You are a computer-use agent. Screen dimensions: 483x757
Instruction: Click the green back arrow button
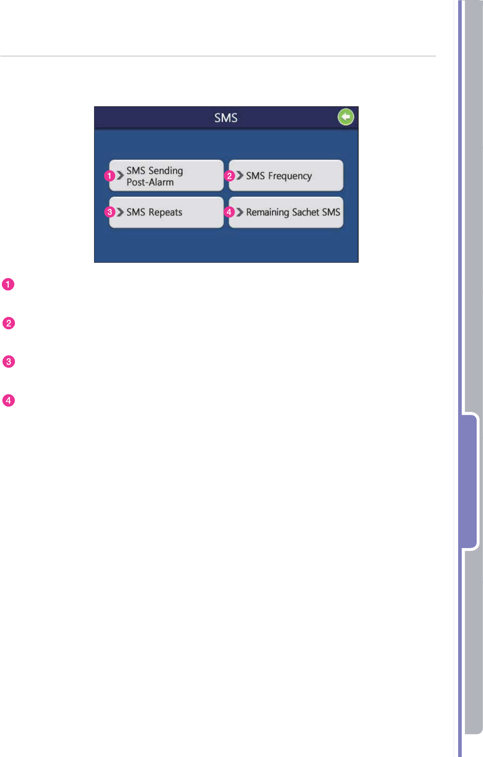(346, 117)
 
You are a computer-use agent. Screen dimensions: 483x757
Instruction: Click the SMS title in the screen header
(226, 118)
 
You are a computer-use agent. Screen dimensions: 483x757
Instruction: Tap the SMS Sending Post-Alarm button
(166, 176)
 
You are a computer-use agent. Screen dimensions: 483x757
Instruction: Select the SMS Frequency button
(286, 176)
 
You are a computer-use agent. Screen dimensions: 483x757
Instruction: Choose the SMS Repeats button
(166, 213)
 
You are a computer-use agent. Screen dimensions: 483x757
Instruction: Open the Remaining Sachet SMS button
(286, 213)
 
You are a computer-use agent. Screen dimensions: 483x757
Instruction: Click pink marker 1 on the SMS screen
(109, 176)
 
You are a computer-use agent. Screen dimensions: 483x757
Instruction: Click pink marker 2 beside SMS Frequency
(230, 176)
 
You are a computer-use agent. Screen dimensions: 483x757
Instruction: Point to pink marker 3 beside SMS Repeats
(110, 212)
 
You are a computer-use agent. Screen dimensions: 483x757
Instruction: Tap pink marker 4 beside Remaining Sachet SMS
(229, 212)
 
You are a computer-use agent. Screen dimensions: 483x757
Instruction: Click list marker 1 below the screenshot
(8, 284)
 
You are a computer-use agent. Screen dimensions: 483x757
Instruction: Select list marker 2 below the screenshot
(9, 323)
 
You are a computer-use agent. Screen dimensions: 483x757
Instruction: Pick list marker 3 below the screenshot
(9, 362)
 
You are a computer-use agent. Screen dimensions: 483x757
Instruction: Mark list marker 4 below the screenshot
(9, 401)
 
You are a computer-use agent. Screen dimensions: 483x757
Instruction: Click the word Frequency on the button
(290, 176)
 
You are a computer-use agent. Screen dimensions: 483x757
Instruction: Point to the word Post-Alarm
(150, 182)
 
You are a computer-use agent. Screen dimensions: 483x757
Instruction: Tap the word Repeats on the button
(166, 213)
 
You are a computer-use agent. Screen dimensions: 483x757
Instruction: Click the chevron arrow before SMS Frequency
(240, 175)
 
